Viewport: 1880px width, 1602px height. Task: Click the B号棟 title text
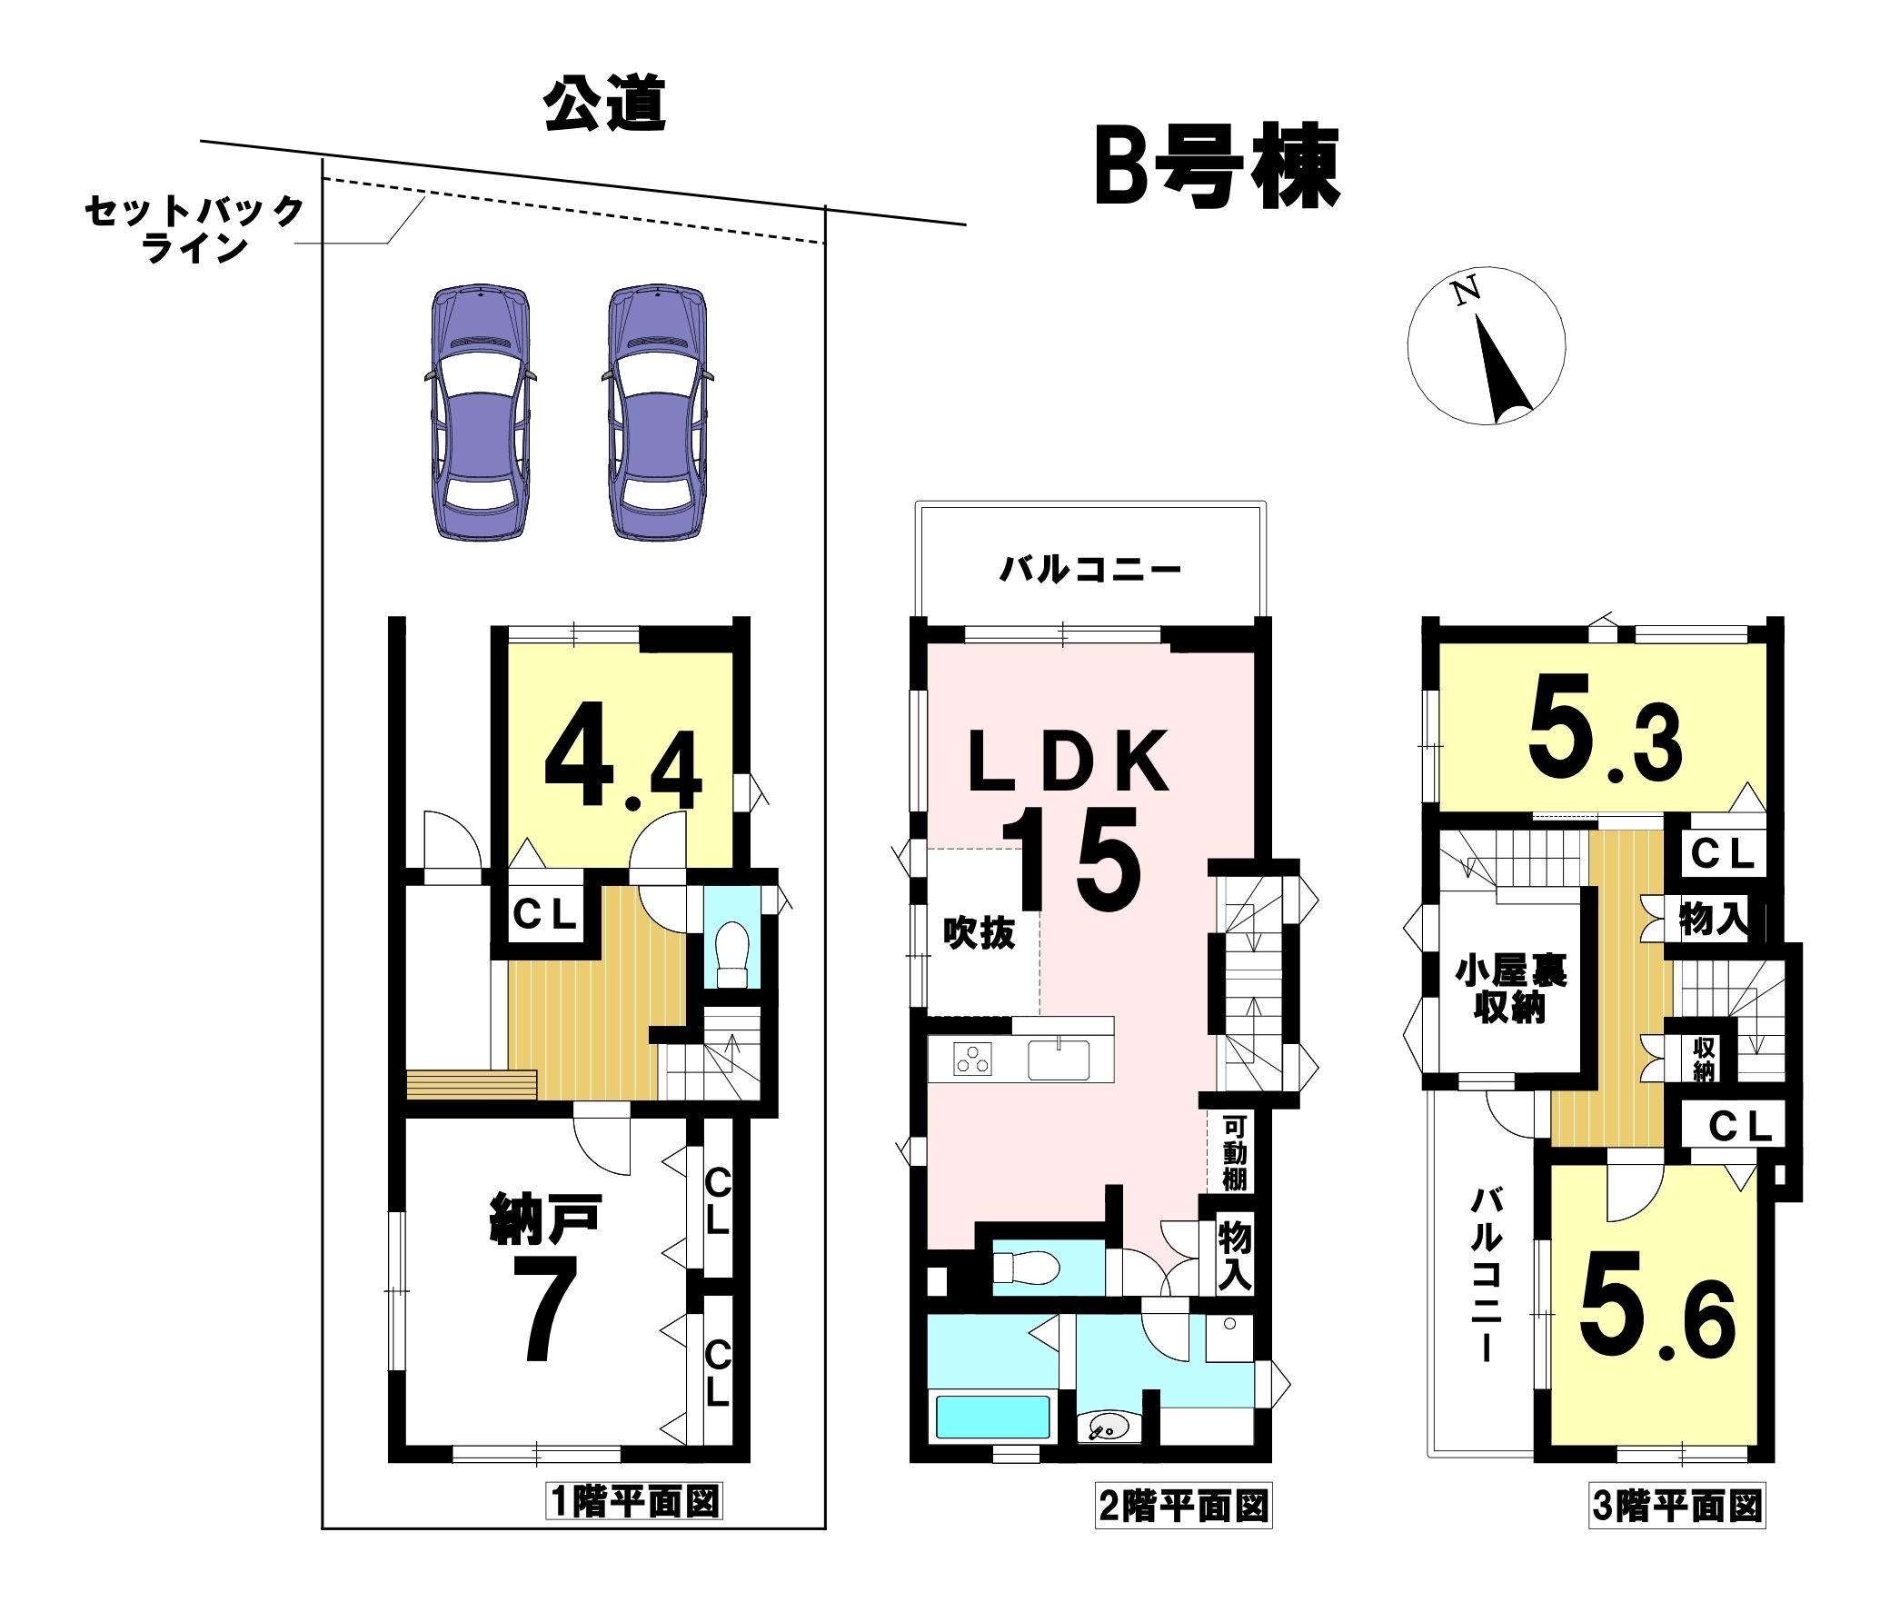tap(1218, 169)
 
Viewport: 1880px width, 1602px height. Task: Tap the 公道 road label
tap(605, 104)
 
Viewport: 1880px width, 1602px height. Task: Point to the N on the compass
tap(1466, 291)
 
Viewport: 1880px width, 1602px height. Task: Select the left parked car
tap(480, 413)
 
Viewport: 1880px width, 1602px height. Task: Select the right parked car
tap(657, 413)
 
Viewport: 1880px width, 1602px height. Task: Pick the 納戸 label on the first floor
tap(545, 1219)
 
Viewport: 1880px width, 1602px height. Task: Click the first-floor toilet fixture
tap(732, 955)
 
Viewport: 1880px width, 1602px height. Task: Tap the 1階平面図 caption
tap(635, 1502)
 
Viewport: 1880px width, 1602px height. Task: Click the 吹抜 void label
tap(979, 933)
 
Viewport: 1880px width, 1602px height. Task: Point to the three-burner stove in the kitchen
tap(972, 1060)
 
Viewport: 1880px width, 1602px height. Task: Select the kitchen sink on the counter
tap(1059, 1060)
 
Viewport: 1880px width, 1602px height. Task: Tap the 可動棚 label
tap(1234, 1153)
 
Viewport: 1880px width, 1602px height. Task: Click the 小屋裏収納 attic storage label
tap(1510, 989)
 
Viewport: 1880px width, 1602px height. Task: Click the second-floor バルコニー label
tap(1090, 570)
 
